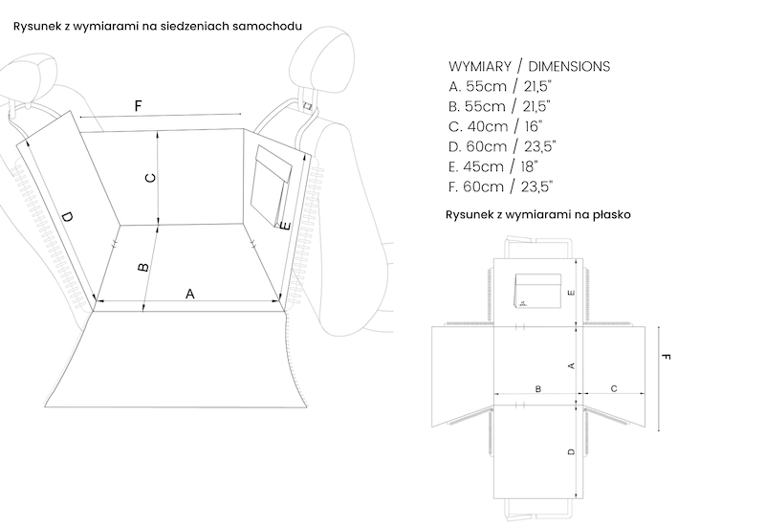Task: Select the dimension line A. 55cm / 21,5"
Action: [498, 86]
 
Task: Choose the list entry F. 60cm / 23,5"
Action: [499, 186]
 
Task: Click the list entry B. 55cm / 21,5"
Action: [498, 106]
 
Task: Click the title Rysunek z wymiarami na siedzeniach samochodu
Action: [158, 27]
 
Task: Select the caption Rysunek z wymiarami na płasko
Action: [537, 216]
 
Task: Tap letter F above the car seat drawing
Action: [139, 106]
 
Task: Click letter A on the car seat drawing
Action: [189, 295]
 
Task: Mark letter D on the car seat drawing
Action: [66, 219]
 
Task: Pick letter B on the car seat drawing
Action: [143, 268]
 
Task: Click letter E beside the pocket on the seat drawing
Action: [286, 226]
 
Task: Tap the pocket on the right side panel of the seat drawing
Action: [273, 182]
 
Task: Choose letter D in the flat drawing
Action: [571, 451]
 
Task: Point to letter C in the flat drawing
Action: [613, 388]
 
